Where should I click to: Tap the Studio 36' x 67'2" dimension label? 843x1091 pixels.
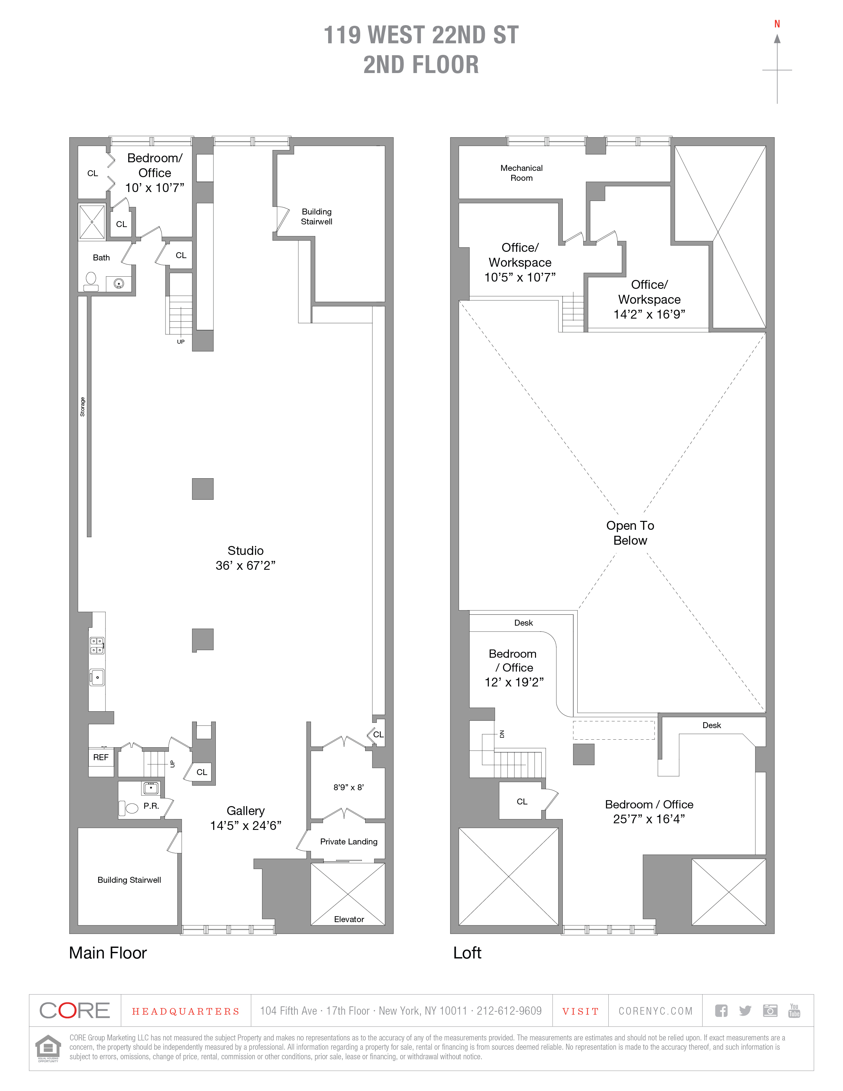(245, 565)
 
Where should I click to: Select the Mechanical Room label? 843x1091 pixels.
(521, 173)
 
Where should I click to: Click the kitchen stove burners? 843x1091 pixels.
(96, 645)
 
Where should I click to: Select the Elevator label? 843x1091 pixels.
(349, 919)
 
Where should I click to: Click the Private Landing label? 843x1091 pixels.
(349, 842)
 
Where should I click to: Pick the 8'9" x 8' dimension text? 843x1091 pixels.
(349, 787)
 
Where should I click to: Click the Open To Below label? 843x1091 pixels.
(630, 533)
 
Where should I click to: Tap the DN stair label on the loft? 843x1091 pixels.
(502, 734)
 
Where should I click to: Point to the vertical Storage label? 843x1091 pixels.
(82, 407)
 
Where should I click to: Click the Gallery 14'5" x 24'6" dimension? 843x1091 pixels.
(245, 826)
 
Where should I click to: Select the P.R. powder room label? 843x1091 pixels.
(151, 806)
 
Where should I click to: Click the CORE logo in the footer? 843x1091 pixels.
(74, 1011)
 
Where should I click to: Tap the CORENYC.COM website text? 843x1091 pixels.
(655, 1011)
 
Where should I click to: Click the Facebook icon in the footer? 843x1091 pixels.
(721, 1011)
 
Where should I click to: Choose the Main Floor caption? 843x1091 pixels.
(108, 953)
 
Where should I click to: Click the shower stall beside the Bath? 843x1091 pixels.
(92, 222)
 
